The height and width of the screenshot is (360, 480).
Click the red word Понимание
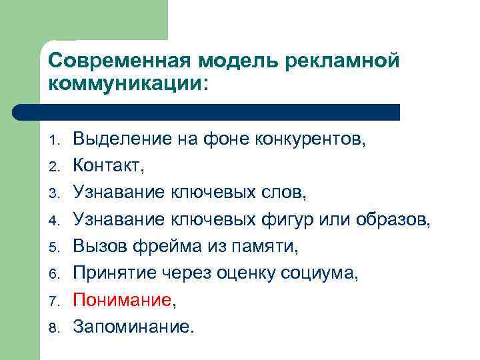coord(122,300)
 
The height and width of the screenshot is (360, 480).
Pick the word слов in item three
coord(281,193)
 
